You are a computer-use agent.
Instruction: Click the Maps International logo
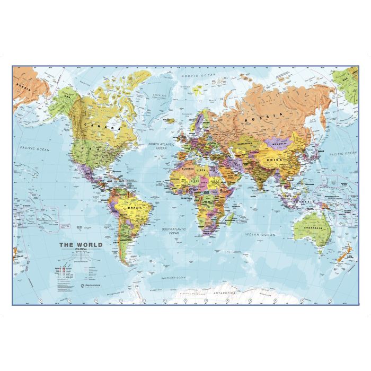[x=77, y=285]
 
